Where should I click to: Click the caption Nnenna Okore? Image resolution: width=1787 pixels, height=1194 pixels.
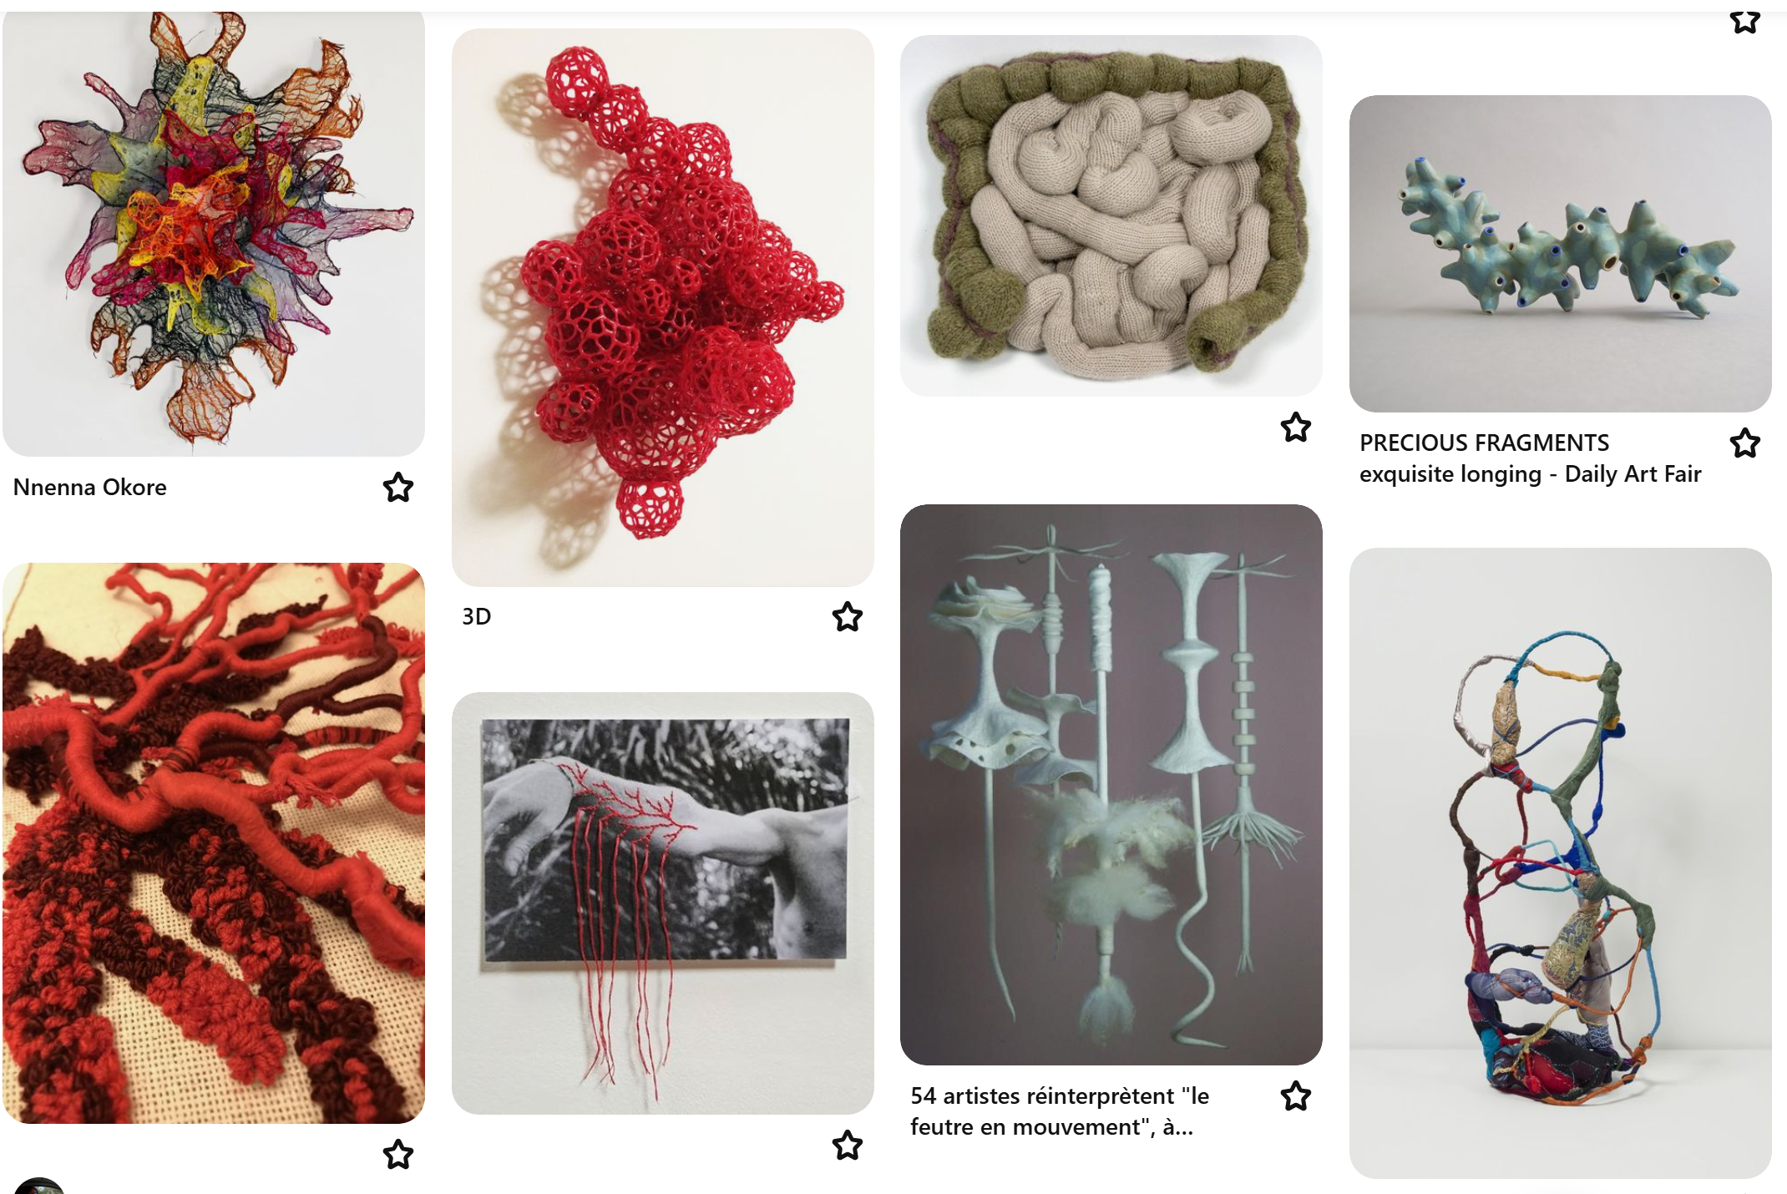90,487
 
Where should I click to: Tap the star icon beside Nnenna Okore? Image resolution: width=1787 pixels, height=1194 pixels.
398,487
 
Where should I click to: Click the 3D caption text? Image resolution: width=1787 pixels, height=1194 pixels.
477,616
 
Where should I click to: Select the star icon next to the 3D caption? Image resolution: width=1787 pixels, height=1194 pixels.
848,616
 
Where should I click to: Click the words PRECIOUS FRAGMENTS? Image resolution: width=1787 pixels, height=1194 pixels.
1484,443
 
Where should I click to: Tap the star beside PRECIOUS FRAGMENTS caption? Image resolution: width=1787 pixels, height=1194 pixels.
1745,443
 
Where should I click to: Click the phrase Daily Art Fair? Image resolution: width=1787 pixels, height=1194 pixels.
1633,474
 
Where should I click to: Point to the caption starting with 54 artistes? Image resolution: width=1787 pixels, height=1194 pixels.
1060,1111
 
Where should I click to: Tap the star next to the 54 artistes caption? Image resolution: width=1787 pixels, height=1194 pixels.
1296,1095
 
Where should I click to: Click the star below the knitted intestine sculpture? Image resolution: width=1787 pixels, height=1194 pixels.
1296,427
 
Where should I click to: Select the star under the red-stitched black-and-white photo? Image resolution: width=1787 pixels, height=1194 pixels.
848,1145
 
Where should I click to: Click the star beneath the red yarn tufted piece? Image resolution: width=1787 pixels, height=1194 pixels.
398,1155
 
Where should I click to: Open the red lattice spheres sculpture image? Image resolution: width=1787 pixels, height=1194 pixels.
663,307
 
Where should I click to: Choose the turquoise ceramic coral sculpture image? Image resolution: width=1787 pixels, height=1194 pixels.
1561,253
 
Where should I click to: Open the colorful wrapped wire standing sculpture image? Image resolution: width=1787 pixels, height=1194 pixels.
1561,863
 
